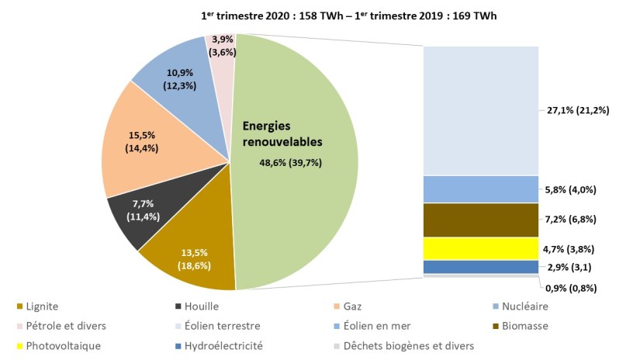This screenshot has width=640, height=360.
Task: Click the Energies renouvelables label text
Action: [282, 133]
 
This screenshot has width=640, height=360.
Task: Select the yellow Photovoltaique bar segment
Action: [480, 248]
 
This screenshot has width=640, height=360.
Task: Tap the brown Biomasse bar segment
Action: [480, 220]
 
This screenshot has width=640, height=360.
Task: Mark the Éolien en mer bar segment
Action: [480, 189]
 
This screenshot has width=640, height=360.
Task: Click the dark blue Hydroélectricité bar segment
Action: [480, 267]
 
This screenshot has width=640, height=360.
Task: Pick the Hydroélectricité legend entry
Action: [221, 346]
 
